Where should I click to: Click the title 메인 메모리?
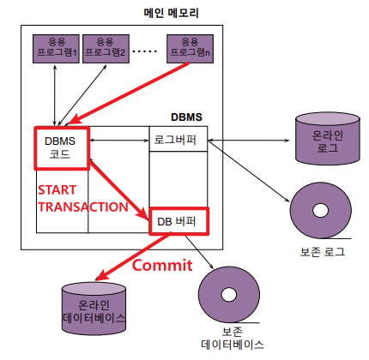click(171, 13)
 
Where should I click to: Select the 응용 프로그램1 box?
click(56, 49)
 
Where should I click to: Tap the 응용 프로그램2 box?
click(106, 49)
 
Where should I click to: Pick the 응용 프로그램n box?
click(190, 49)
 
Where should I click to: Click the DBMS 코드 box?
click(62, 148)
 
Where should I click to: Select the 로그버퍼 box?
click(178, 139)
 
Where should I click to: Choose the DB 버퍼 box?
click(179, 221)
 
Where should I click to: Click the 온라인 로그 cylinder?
click(328, 139)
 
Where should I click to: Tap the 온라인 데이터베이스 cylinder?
click(94, 309)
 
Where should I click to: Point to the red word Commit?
click(162, 266)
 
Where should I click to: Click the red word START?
click(57, 190)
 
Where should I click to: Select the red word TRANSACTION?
click(83, 207)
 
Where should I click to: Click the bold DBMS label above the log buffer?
click(186, 117)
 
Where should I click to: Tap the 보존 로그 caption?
click(323, 252)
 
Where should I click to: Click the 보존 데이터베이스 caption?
click(233, 339)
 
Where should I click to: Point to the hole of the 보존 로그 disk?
click(320, 211)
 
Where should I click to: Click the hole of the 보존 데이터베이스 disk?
click(229, 295)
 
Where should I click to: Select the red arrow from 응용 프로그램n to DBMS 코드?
click(128, 93)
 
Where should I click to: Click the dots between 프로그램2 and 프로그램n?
click(145, 51)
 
